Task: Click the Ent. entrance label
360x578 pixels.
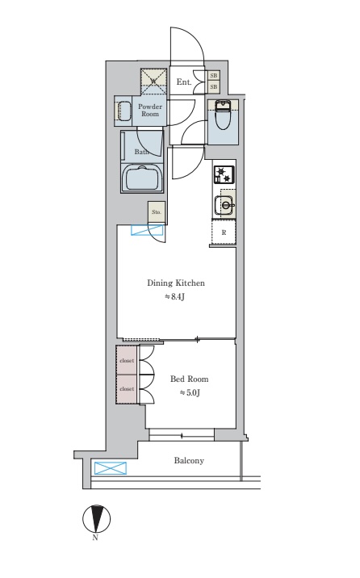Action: (x=184, y=82)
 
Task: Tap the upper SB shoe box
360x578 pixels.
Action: (x=214, y=76)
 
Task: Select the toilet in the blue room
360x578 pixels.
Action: (x=222, y=115)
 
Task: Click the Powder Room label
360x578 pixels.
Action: (x=150, y=111)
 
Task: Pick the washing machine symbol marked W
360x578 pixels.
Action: (x=153, y=81)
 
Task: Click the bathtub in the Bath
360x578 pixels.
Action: (x=143, y=178)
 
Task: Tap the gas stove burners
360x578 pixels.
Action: (x=224, y=174)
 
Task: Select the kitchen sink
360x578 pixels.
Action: (x=224, y=205)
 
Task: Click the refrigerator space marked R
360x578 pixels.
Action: (x=224, y=232)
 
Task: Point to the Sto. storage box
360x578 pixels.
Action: (x=157, y=212)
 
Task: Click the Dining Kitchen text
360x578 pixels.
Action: (x=176, y=283)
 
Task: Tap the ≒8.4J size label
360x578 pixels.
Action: (x=174, y=297)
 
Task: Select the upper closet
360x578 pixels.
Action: (x=127, y=360)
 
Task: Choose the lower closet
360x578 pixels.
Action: (x=127, y=389)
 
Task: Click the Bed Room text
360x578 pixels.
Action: (x=190, y=379)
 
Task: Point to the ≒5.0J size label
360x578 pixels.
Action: (x=190, y=393)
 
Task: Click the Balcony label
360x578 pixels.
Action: (x=189, y=460)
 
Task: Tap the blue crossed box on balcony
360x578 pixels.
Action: (x=111, y=468)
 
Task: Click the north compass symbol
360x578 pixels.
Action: (x=96, y=518)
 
